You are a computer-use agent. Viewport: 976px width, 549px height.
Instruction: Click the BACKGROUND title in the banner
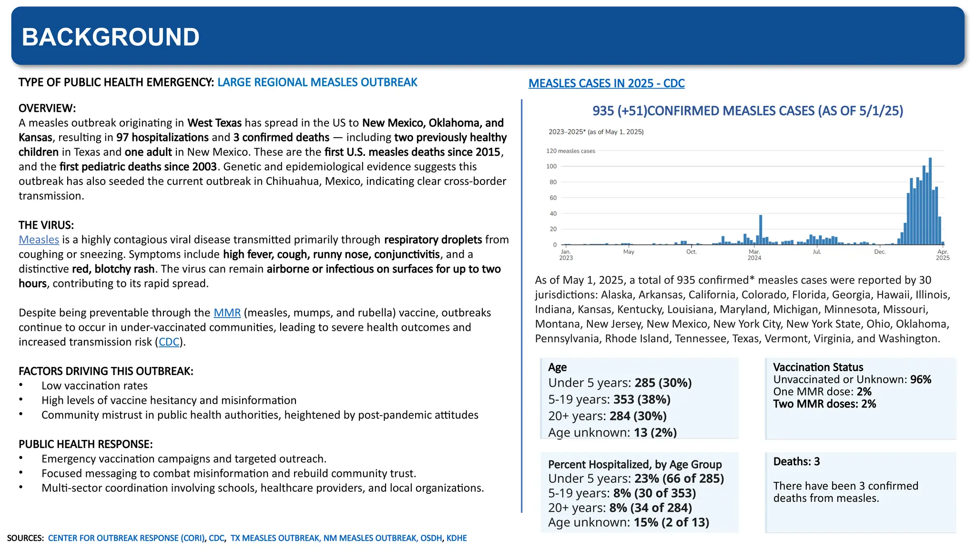point(111,37)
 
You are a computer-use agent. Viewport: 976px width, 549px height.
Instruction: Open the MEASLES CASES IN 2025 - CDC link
point(606,83)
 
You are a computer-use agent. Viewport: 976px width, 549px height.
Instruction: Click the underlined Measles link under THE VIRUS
point(39,240)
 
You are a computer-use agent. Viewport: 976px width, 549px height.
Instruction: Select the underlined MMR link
point(227,313)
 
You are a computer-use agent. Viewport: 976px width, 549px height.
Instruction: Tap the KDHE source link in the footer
point(456,538)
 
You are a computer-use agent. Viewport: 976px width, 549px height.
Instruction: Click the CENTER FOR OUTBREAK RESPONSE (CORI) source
point(126,538)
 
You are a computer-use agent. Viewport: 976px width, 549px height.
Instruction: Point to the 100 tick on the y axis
point(551,166)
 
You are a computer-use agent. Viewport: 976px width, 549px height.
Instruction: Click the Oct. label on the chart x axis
point(691,252)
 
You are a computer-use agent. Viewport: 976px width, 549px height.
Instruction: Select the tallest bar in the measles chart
point(930,200)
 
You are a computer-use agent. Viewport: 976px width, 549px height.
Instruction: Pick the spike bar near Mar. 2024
point(761,230)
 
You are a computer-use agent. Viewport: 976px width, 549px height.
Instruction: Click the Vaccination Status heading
point(818,367)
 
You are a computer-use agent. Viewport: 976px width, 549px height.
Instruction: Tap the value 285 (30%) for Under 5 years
point(663,383)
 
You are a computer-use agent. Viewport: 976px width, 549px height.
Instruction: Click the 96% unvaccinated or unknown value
point(920,380)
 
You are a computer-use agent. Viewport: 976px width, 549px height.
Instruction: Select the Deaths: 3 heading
point(796,461)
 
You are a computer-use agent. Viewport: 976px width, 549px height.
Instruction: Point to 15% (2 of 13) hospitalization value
point(671,522)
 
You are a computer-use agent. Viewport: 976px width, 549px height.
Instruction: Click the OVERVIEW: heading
point(47,108)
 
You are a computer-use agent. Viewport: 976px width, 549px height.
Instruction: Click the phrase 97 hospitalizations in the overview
point(163,138)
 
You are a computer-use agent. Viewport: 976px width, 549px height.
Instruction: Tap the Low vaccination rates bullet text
point(94,386)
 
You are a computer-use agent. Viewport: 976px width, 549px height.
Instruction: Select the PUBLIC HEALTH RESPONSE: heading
point(85,444)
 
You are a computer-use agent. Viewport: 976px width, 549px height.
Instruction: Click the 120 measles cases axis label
point(570,151)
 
